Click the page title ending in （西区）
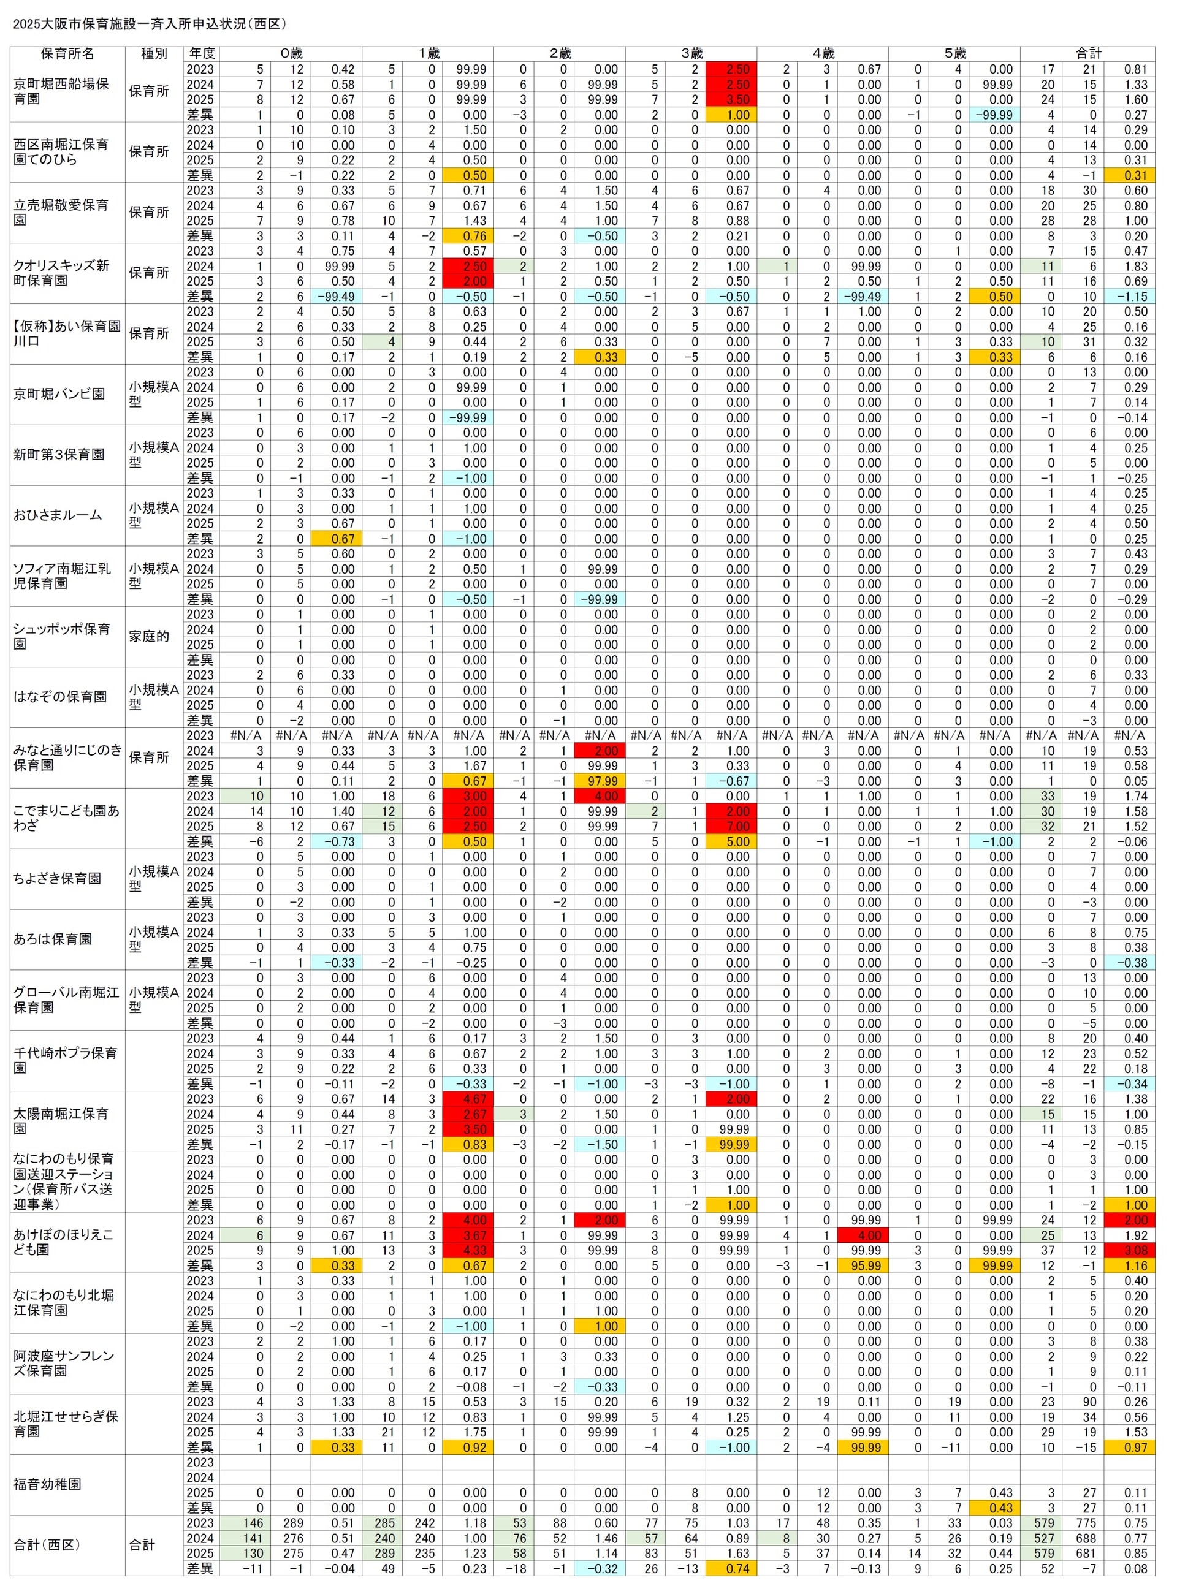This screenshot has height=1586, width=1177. pos(150,23)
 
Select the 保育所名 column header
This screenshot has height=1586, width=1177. pos(67,53)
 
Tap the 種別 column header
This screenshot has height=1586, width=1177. pos(154,53)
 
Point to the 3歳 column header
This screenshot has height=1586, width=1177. pos(691,53)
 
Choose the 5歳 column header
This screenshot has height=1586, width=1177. pos(954,53)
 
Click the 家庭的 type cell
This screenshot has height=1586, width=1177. pos(149,637)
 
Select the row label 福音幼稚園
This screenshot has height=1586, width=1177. pos(47,1484)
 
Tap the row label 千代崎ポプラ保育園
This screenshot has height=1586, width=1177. pos(66,1060)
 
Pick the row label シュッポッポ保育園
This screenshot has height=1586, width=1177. pos(62,636)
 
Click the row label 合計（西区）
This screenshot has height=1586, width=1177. pos(47,1545)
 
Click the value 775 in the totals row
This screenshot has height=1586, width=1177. pos(1088,1523)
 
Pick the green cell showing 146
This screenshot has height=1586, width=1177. pos(253,1523)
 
